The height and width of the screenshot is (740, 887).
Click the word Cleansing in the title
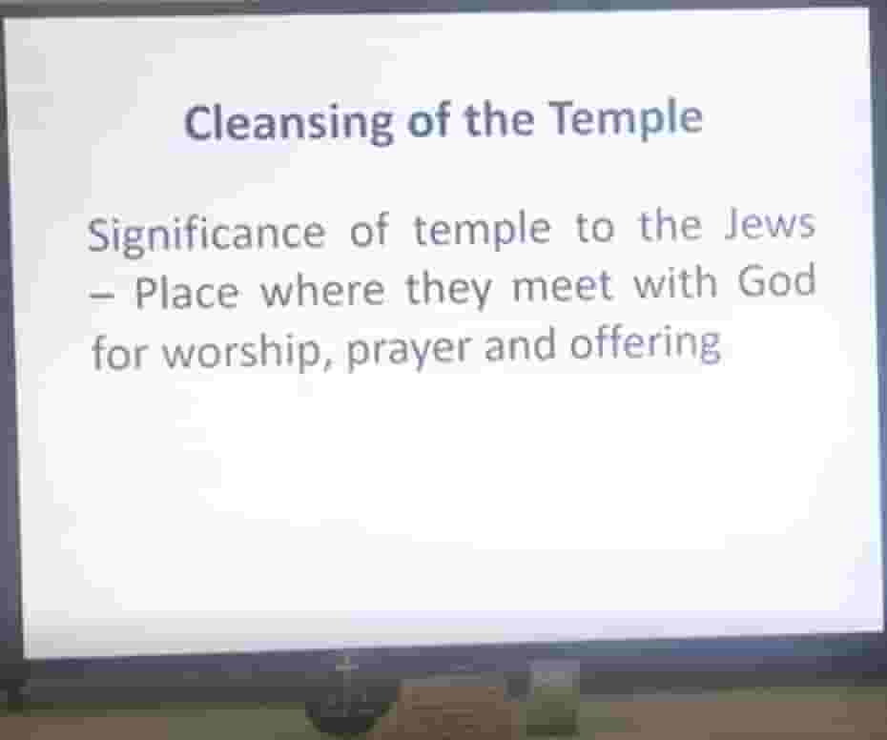[x=288, y=123]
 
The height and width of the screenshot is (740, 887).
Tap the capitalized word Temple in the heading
[x=627, y=119]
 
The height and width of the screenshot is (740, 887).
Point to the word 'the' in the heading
[x=500, y=120]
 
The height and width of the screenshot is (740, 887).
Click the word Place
[x=187, y=292]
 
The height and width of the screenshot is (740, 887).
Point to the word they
[x=448, y=289]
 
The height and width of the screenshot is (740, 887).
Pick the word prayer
[x=407, y=349]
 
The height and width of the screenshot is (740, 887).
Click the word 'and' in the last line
[x=520, y=345]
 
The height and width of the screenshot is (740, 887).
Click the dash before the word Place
[x=102, y=296]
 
